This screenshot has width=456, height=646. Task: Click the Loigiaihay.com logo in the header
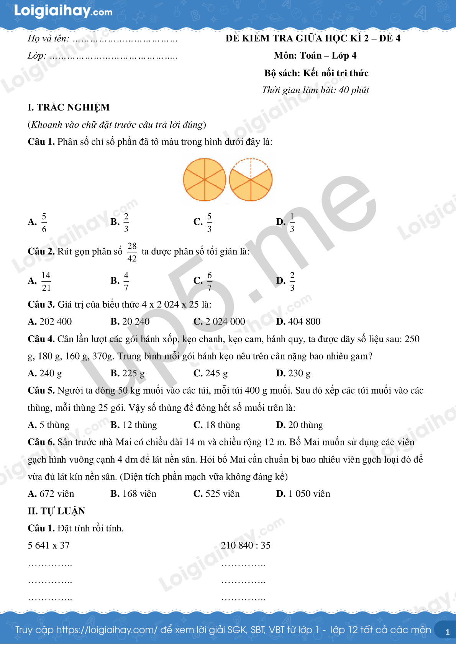[x=63, y=11]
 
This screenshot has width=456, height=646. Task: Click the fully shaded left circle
[x=205, y=180]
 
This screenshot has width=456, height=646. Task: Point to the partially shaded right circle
[x=251, y=180]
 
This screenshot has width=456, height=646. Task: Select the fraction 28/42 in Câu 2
[x=132, y=252]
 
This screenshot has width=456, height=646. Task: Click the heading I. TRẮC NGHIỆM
[x=69, y=107]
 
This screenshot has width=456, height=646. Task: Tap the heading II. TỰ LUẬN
[x=56, y=511]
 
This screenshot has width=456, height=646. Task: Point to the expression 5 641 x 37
[x=49, y=545]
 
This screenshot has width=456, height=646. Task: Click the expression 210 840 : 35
[x=246, y=545]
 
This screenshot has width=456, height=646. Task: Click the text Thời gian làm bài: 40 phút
[x=315, y=90]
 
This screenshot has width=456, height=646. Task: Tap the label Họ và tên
[x=48, y=38]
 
